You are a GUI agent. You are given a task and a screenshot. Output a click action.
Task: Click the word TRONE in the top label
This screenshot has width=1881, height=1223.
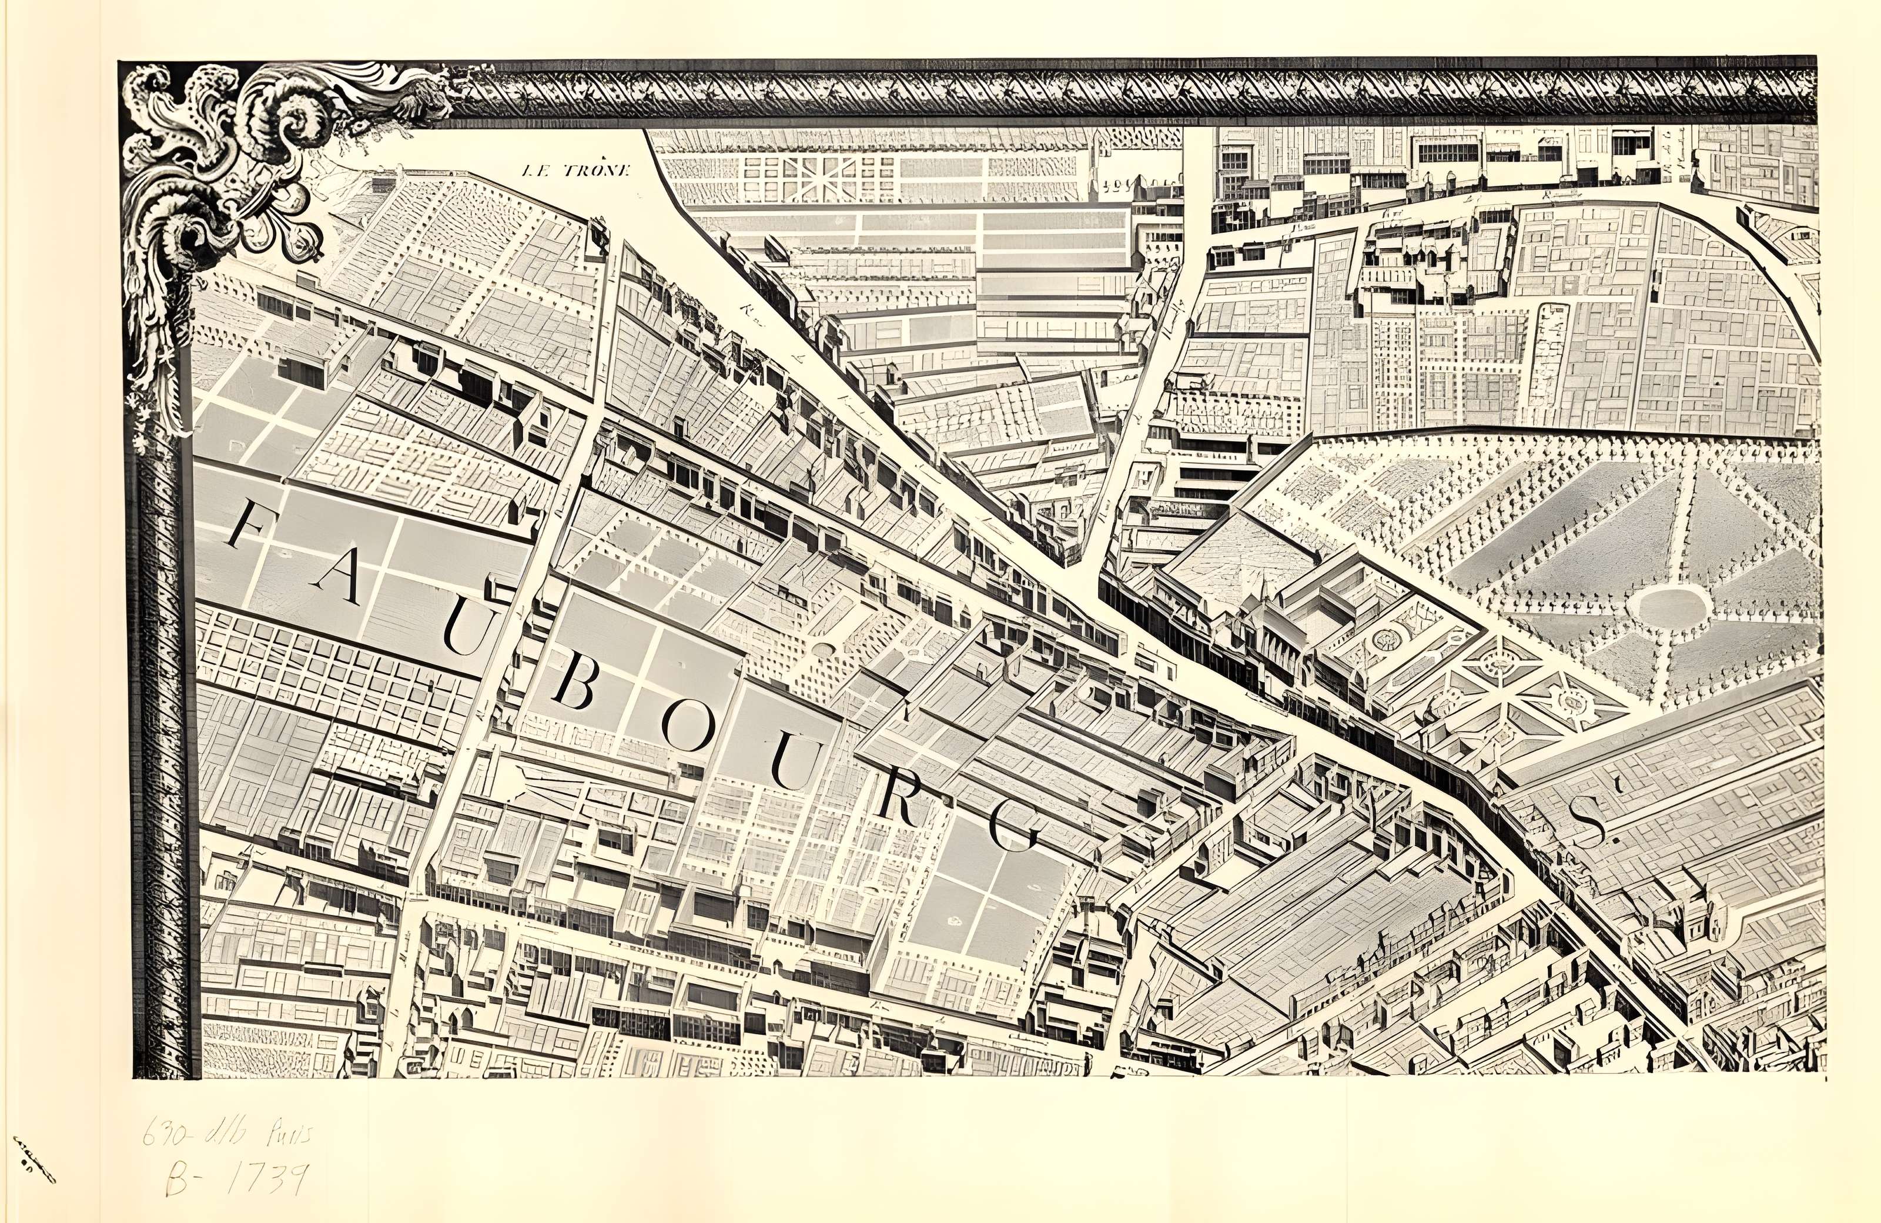597,170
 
